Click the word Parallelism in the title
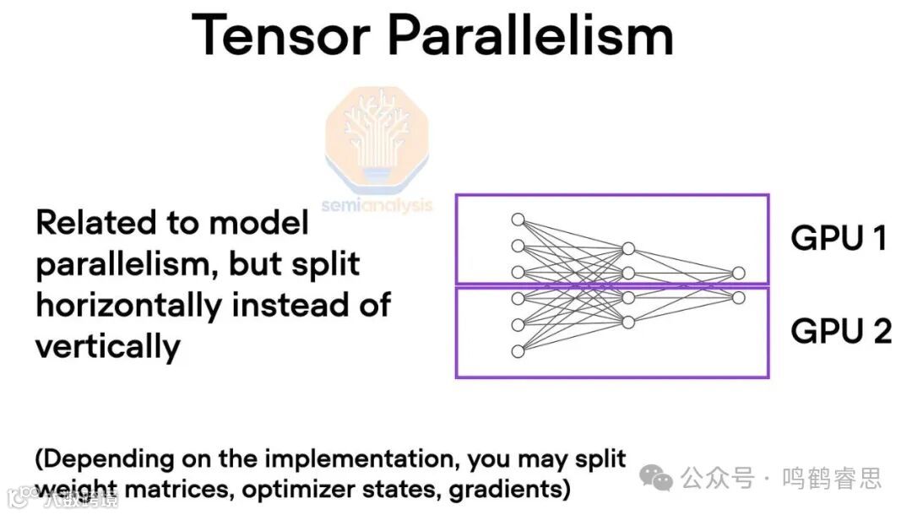pos(531,35)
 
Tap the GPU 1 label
pos(839,238)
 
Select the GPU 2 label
pos(840,331)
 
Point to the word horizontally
pos(129,305)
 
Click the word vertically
pos(108,346)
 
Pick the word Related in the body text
pos(92,223)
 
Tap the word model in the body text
pos(258,223)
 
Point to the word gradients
pos(505,489)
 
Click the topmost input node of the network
pos(518,220)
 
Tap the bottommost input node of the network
pos(518,350)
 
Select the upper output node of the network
pos(739,273)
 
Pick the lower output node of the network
pos(739,297)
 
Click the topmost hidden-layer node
pos(628,248)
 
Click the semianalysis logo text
pos(377,205)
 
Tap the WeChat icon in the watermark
pos(656,479)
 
